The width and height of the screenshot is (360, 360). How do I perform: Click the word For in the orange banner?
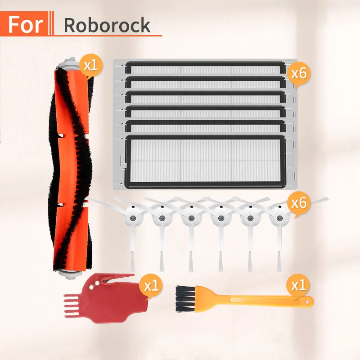point(26,24)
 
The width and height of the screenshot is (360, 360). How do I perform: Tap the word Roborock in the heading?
point(107,25)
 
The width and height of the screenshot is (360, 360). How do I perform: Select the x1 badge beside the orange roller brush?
point(91,66)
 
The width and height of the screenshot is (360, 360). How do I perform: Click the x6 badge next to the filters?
point(299,74)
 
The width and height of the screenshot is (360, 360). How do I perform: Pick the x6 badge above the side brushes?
point(299,203)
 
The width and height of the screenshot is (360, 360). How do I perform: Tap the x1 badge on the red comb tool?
point(151,286)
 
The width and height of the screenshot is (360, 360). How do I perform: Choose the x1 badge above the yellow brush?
point(298,286)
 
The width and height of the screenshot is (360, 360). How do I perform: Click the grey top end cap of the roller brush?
point(69,63)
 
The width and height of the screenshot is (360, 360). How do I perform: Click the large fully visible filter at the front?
point(205,162)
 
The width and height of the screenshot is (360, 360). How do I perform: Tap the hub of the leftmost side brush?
point(132,218)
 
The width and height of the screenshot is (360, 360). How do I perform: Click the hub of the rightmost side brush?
point(279,218)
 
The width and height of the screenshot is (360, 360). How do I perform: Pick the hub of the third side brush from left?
point(191,218)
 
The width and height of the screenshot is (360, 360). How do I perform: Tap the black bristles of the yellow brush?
point(184,298)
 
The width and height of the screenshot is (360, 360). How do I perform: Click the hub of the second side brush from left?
point(162,218)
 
